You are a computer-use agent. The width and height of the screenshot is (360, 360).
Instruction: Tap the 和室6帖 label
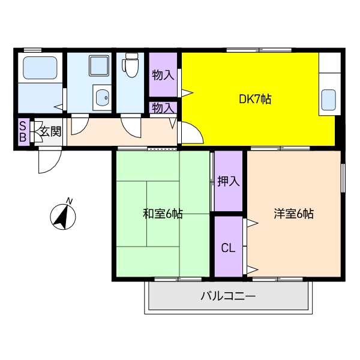click(x=163, y=214)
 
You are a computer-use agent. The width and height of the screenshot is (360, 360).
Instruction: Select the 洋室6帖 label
click(x=294, y=214)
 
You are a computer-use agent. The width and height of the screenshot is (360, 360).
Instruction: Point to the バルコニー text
click(x=228, y=296)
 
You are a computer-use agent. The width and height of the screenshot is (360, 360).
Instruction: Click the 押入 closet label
click(x=228, y=181)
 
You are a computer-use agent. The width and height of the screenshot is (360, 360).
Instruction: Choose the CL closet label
click(x=228, y=247)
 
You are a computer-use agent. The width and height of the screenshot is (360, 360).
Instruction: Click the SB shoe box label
click(x=23, y=131)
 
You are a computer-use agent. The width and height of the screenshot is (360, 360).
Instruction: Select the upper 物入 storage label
click(x=163, y=76)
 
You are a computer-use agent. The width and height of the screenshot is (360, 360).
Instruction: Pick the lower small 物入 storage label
click(x=163, y=109)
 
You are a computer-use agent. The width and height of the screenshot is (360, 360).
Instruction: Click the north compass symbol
click(x=62, y=217)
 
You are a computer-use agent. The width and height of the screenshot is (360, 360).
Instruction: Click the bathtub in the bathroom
click(x=40, y=68)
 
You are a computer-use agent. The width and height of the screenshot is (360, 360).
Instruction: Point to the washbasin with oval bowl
click(x=101, y=97)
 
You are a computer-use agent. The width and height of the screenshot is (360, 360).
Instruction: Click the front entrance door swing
click(x=50, y=161)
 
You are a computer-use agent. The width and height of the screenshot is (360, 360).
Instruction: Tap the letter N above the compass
click(x=70, y=200)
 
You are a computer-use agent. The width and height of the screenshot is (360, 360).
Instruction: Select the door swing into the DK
click(x=191, y=133)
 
